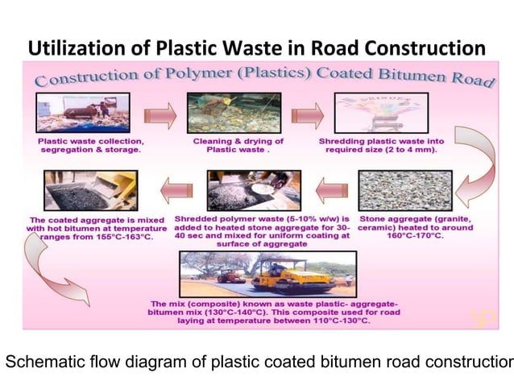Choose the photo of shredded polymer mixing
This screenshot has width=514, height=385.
coord(253,190)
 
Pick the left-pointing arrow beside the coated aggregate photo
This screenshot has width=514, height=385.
coord(176,192)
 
